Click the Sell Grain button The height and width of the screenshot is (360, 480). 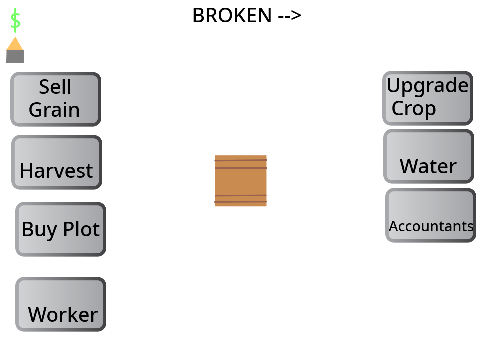pos(55,99)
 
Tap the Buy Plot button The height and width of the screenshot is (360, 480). pos(60,229)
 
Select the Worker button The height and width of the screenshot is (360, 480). pos(60,304)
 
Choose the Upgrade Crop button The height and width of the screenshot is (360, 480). pos(427,98)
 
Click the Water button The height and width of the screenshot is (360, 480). pos(428,156)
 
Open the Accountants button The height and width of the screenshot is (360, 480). pos(430,215)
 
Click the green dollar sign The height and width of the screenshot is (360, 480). pos(15,20)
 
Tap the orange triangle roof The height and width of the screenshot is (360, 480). pos(15,44)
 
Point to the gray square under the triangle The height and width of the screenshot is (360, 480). pos(15,56)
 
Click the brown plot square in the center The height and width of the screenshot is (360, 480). pos(241,181)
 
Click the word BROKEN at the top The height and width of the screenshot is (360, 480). pos(232,15)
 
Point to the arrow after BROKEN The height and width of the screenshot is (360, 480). pos(290,15)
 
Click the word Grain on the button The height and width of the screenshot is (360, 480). pos(54,110)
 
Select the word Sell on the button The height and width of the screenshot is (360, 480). pos(55,87)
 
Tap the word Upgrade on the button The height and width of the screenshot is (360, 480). pos(428,86)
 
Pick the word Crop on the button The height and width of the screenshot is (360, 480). pos(414,108)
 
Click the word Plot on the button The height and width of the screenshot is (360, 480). pos(81,229)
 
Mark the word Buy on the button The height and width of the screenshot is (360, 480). pos(39,230)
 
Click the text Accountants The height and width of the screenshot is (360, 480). pos(431,226)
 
